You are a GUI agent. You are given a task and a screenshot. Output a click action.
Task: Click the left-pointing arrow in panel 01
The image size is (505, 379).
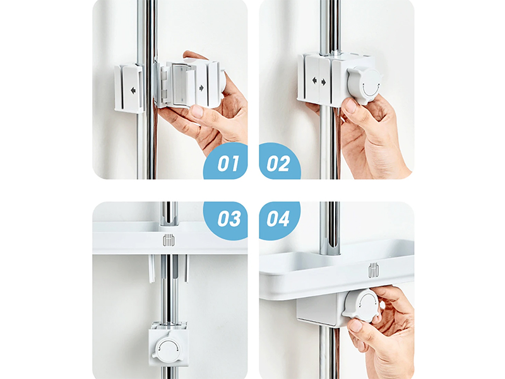click(133, 91)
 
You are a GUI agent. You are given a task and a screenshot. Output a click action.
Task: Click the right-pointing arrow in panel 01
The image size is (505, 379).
click(201, 88)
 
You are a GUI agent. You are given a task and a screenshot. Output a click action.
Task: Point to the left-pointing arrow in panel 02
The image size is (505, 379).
click(314, 81)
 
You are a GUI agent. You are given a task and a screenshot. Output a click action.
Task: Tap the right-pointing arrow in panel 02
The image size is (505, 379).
click(323, 83)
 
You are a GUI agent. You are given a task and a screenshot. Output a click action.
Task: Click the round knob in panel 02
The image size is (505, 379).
click(365, 85)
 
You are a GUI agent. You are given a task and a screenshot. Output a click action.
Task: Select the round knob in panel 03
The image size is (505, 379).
click(168, 348)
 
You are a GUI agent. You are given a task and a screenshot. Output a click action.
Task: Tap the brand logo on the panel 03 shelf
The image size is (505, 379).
click(169, 241)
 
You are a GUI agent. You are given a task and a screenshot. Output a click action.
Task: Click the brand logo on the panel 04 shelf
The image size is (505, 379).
click(374, 271)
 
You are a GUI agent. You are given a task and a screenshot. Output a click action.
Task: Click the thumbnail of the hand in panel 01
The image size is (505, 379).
click(197, 112)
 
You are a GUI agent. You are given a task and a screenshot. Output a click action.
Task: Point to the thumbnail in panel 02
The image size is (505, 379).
click(351, 105)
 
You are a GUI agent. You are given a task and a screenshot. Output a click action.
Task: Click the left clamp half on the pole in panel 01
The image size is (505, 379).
click(129, 88)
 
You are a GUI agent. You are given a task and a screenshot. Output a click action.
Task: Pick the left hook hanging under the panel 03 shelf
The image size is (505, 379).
click(151, 268)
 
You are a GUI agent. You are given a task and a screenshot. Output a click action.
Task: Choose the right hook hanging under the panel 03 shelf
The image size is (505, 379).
click(186, 268)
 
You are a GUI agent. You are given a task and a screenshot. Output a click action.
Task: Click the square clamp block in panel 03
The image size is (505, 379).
click(169, 344)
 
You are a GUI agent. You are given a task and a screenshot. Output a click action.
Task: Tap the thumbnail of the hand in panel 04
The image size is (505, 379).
click(355, 326)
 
